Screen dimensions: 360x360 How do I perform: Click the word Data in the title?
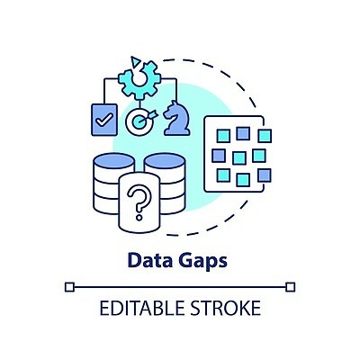click(x=150, y=260)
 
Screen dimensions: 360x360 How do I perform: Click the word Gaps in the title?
click(x=203, y=262)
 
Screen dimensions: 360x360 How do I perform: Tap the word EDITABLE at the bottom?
click(x=141, y=308)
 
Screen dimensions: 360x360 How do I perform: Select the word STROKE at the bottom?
click(x=226, y=308)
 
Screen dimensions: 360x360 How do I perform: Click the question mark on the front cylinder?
click(x=139, y=202)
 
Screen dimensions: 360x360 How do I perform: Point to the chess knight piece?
click(x=176, y=118)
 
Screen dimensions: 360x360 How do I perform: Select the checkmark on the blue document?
click(x=103, y=120)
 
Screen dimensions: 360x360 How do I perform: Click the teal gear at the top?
click(x=139, y=79)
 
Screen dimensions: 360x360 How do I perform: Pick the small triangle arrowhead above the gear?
click(x=135, y=61)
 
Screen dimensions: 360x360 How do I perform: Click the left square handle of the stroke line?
click(x=69, y=287)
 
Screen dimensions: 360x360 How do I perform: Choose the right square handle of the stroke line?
click(x=291, y=287)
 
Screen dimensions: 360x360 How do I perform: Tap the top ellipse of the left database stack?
click(x=114, y=160)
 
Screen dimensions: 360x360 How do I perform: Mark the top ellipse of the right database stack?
click(x=165, y=160)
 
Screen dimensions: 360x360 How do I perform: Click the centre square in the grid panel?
click(x=239, y=157)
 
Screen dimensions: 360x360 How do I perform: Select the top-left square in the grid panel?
click(x=223, y=136)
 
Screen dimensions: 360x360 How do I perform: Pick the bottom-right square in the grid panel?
click(x=265, y=175)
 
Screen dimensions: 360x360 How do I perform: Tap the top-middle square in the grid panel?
click(x=243, y=133)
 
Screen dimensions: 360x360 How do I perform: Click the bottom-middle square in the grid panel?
click(x=243, y=180)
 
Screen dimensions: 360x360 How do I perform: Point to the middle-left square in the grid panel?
click(x=219, y=156)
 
